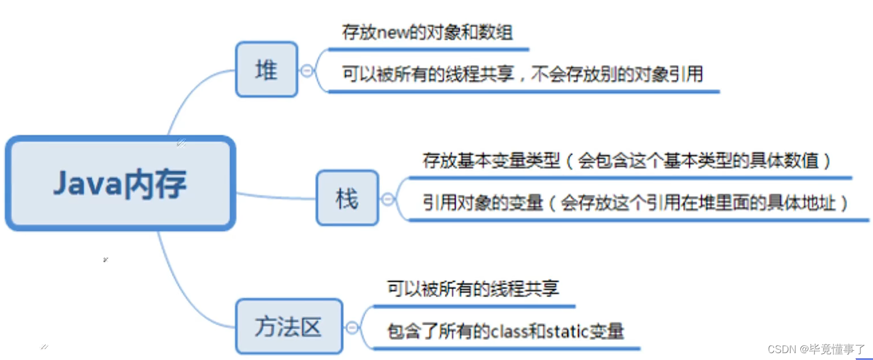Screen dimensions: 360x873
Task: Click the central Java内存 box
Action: tap(120, 184)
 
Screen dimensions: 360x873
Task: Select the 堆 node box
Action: tap(267, 69)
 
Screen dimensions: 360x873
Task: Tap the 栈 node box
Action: tap(347, 198)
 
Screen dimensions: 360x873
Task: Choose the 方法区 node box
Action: tap(289, 326)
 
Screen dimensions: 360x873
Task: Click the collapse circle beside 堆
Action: tap(307, 70)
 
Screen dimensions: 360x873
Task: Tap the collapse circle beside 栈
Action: tap(388, 199)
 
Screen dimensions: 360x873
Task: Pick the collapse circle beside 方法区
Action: tap(352, 328)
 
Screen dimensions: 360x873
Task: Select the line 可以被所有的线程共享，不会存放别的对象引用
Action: tap(522, 74)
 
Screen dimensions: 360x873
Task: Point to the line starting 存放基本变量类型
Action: tap(627, 161)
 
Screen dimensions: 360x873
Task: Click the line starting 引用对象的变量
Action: tap(635, 203)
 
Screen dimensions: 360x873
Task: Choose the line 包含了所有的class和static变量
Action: tap(505, 331)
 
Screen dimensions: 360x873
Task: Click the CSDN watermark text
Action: tap(816, 349)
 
